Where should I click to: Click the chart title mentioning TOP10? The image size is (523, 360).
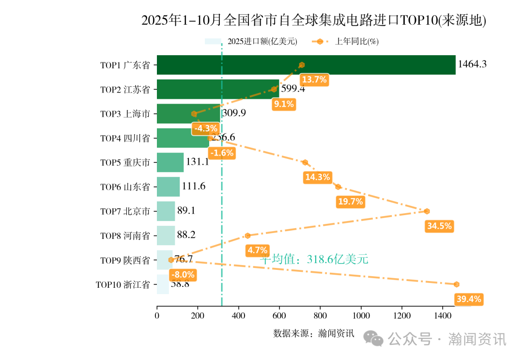click(313, 20)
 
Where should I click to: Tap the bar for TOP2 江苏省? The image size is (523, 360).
click(218, 89)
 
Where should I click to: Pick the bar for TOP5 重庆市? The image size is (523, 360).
click(170, 162)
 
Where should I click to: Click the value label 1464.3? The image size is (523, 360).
click(472, 64)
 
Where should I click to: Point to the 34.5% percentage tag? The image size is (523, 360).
click(439, 226)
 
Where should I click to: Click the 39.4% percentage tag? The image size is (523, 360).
click(469, 299)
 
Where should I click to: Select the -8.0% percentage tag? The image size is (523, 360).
click(183, 275)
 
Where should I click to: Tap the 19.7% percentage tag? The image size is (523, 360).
click(350, 202)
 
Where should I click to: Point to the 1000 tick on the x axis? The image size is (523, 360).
click(360, 316)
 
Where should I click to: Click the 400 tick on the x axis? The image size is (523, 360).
click(238, 316)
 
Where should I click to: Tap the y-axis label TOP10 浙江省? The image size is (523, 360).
click(123, 284)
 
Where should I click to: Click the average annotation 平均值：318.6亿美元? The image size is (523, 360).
click(314, 259)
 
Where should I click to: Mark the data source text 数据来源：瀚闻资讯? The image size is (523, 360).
click(313, 333)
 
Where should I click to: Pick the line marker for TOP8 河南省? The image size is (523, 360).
click(247, 235)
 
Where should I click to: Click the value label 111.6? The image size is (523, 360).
click(194, 187)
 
